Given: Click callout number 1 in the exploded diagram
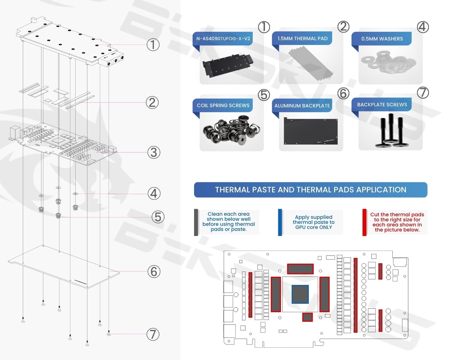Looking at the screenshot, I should (153, 44).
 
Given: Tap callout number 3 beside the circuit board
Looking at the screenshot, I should (154, 152).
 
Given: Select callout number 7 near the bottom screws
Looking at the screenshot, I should (153, 334).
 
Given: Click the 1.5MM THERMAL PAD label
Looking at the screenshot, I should (302, 39).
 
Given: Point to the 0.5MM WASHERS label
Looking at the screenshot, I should (382, 39).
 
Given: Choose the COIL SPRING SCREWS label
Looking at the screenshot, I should (223, 105).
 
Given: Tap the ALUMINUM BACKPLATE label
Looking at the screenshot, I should (302, 106).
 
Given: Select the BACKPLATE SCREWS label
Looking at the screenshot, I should (382, 105).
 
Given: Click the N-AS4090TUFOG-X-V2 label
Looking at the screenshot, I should (223, 39).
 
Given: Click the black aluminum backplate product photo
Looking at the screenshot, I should (310, 131).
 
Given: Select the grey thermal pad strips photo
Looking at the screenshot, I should (311, 64).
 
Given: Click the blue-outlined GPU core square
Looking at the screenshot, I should (300, 294).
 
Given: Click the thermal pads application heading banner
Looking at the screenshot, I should (310, 190).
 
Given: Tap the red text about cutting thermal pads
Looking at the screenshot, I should (397, 222).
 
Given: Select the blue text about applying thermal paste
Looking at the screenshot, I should (314, 222).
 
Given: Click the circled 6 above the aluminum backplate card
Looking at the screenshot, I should (343, 93).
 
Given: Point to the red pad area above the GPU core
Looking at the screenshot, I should (300, 269).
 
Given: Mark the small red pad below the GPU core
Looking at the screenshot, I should (307, 317).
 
